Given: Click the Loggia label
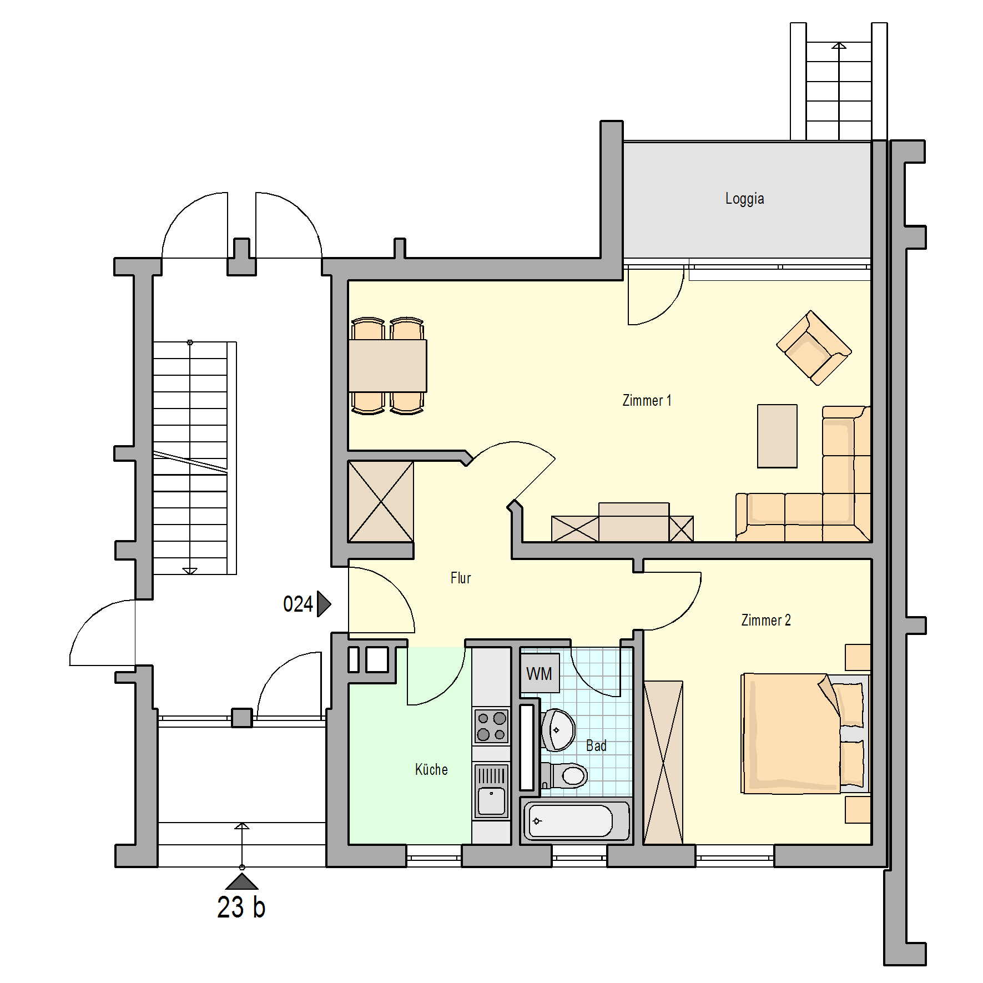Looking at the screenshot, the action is (744, 199).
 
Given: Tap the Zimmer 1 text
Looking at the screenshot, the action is (647, 400).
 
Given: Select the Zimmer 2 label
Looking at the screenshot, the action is (766, 620).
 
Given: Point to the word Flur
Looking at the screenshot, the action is (461, 578).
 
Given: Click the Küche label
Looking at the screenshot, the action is (431, 769).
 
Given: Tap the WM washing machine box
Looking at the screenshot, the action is (540, 673).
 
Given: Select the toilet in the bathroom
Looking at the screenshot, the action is (564, 775).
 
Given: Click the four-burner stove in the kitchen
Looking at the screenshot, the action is (491, 726).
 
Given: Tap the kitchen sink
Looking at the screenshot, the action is (491, 791).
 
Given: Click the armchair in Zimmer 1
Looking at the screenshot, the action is (814, 347).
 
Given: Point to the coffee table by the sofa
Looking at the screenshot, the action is (777, 436).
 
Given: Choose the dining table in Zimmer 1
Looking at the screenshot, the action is (387, 366).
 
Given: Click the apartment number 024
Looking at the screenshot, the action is (298, 604).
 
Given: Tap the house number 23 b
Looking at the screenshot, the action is (241, 908).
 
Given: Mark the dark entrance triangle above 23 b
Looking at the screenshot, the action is (241, 881).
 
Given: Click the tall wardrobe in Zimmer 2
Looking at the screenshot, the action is (663, 763).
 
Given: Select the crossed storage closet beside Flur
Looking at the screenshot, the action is (381, 501).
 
